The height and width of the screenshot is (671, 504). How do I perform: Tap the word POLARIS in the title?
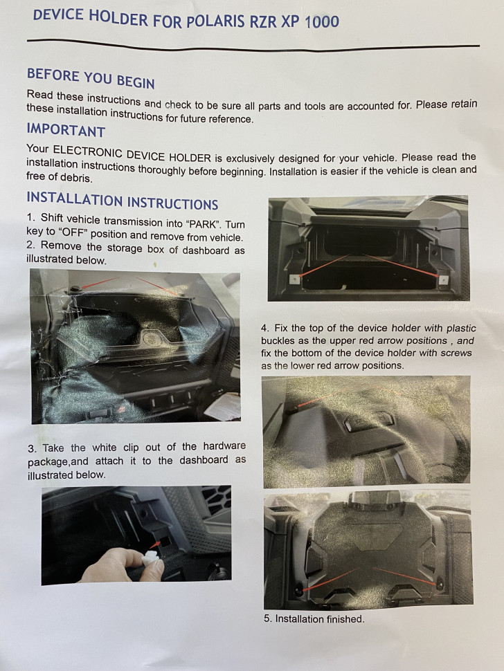pyautogui.click(x=215, y=21)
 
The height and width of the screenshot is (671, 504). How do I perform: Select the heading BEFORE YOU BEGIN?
pyautogui.click(x=91, y=78)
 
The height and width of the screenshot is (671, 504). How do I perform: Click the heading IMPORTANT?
pyautogui.click(x=66, y=129)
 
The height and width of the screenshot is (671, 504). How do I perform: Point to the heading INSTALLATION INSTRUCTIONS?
pyautogui.click(x=123, y=201)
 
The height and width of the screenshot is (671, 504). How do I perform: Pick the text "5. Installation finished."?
pyautogui.click(x=314, y=619)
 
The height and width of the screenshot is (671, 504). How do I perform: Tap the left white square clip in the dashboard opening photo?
pyautogui.click(x=295, y=279)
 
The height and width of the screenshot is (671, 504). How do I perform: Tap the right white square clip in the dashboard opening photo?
pyautogui.click(x=443, y=279)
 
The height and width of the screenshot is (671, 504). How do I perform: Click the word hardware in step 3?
pyautogui.click(x=224, y=446)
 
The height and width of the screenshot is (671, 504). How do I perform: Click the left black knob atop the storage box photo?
pyautogui.click(x=76, y=289)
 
